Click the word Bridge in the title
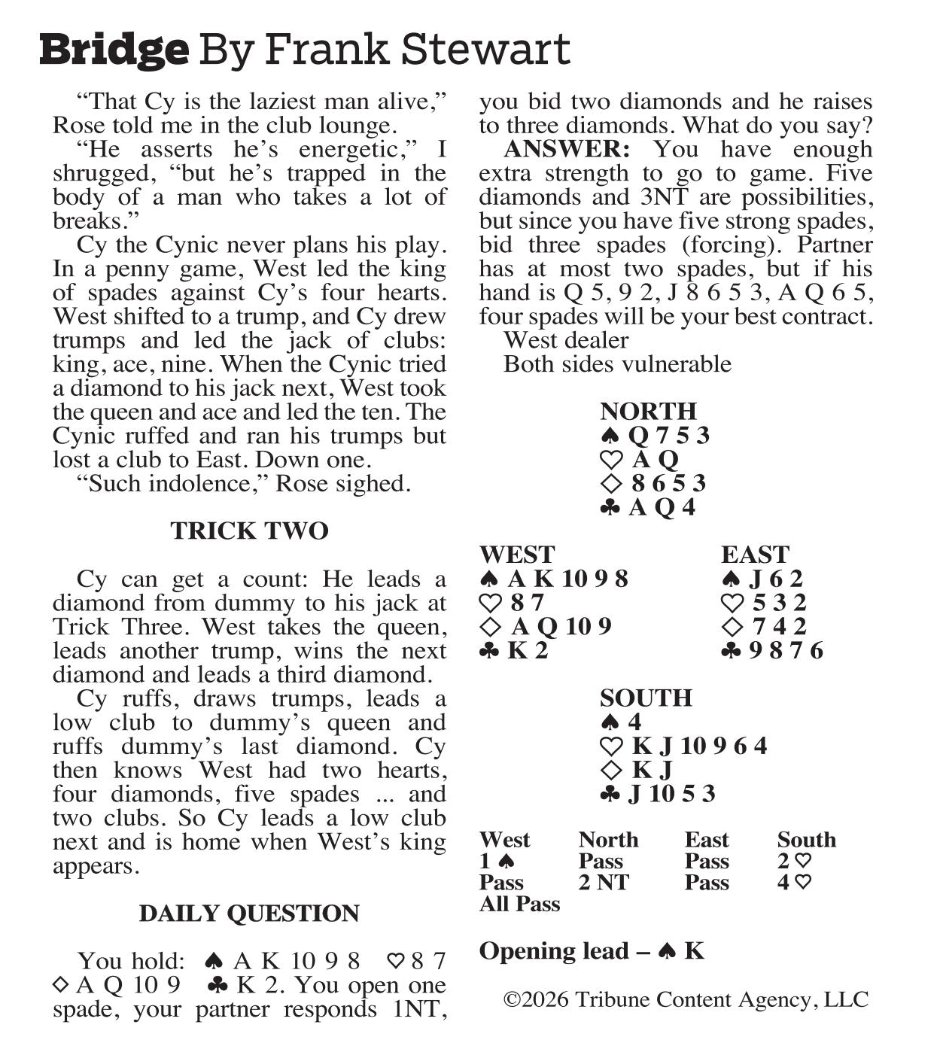pos(114,50)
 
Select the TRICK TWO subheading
pos(249,531)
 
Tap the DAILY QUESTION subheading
pos(249,914)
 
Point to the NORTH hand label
pos(648,412)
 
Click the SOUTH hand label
pos(645,698)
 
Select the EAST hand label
pos(754,555)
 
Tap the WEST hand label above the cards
pos(517,555)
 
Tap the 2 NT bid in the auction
pos(603,883)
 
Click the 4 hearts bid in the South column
pos(794,883)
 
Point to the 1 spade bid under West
pos(497,862)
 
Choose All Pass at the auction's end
pos(519,904)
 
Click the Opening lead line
pos(592,951)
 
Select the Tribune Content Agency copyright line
pos(686,1000)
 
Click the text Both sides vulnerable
pos(617,364)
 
